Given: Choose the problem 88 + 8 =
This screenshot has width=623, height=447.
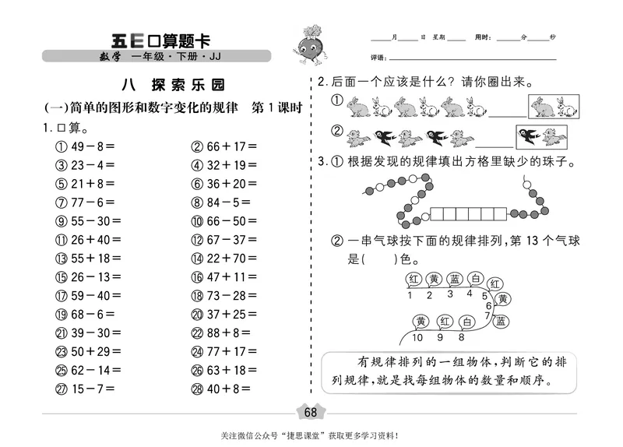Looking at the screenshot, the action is click(x=221, y=332).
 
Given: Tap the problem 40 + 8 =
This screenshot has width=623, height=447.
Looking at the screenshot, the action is click(x=219, y=388).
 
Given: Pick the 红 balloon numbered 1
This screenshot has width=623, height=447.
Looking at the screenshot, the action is click(x=410, y=280).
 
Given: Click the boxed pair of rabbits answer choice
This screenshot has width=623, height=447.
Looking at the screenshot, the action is click(x=555, y=107).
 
